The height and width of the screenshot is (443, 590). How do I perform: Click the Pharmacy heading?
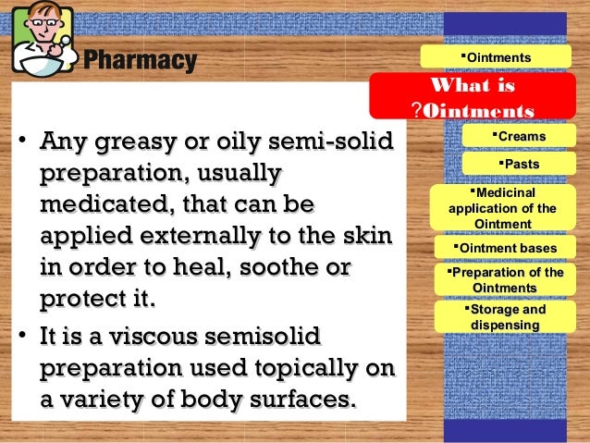point(140,61)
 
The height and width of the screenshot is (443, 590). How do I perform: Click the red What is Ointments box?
point(473,98)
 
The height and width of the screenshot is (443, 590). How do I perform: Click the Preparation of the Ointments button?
point(504,280)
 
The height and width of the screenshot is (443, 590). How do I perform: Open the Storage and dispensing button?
point(504,317)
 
